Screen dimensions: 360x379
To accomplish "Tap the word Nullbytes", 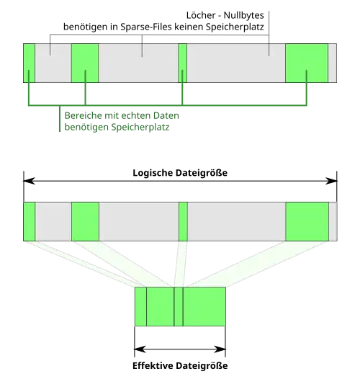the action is [x=244, y=15].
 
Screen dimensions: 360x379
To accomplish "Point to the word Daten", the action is [x=166, y=115].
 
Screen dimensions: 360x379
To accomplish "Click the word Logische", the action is [x=153, y=173].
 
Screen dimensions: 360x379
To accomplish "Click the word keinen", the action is [x=189, y=27].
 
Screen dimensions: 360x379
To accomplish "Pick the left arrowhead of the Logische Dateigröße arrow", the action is [x=29, y=181].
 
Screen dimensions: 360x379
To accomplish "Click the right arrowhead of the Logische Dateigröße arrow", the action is [x=331, y=181].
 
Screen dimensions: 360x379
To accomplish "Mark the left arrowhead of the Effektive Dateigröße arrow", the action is [x=140, y=349].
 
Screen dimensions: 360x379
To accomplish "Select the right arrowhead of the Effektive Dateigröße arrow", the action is [x=220, y=349].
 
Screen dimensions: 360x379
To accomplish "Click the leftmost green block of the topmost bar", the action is [x=30, y=63].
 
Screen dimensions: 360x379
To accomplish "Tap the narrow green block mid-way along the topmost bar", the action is [x=183, y=63].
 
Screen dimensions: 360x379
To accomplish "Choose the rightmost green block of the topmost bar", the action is [x=307, y=63].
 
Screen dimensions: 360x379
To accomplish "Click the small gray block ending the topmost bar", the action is [x=333, y=63].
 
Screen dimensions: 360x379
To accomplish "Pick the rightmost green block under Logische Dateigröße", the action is [x=307, y=222].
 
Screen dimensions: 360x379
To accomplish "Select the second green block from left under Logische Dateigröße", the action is [x=85, y=222].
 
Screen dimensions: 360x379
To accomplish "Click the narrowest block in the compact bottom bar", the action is [x=179, y=306].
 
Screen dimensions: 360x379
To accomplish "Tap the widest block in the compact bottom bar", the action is [x=204, y=306].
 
